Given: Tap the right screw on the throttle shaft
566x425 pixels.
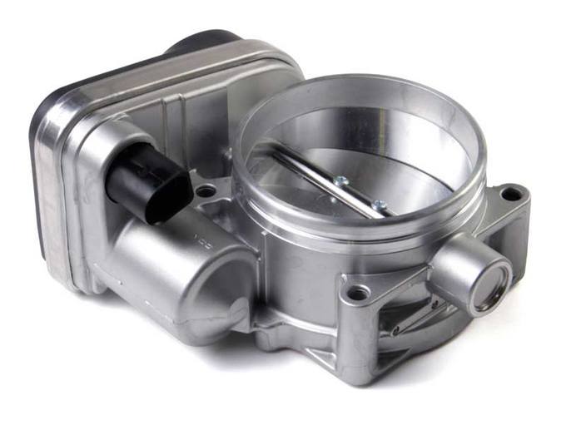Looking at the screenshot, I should click(x=378, y=205).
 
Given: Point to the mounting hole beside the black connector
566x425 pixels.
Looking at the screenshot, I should click(x=205, y=192).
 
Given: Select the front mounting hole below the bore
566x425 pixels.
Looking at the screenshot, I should click(x=358, y=293).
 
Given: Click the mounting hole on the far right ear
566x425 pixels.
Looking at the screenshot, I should click(x=511, y=194).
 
